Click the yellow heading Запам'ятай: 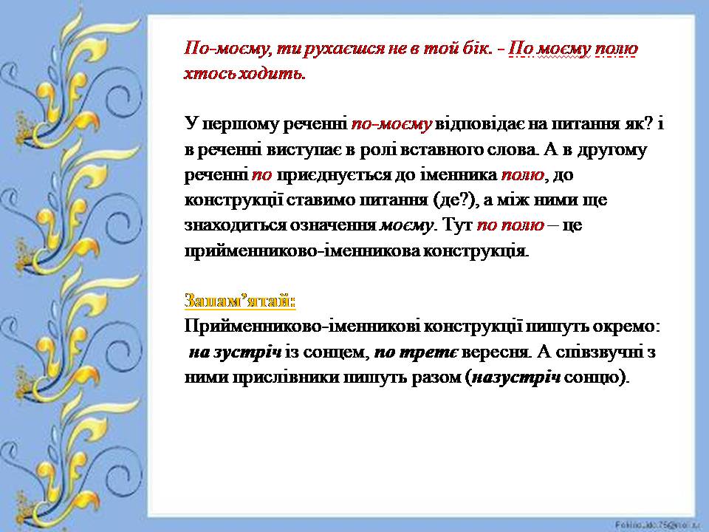coord(239,302)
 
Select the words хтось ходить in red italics coord(244,74)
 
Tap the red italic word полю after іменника coord(524,176)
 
